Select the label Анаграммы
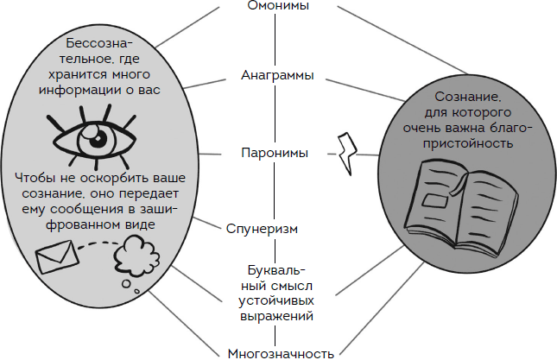277,76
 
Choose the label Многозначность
280,352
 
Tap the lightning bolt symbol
350,154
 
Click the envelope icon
56,256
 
